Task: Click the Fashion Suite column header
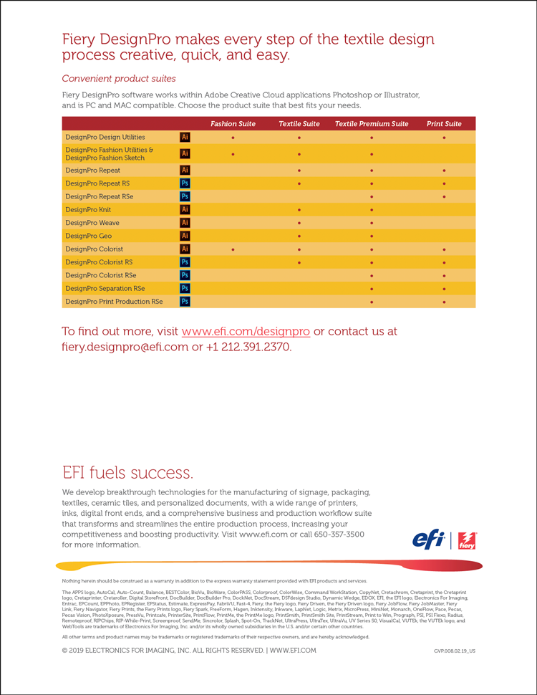pyautogui.click(x=233, y=124)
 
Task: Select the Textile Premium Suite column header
pyautogui.click(x=372, y=124)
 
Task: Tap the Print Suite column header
pyautogui.click(x=444, y=124)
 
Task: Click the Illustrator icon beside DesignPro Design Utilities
pyautogui.click(x=185, y=137)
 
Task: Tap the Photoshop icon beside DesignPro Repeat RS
pyautogui.click(x=185, y=183)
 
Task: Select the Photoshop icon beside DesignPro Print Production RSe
pyautogui.click(x=185, y=302)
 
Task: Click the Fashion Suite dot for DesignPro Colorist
pyautogui.click(x=233, y=249)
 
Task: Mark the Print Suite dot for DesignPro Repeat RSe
pyautogui.click(x=445, y=196)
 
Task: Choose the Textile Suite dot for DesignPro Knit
pyautogui.click(x=299, y=210)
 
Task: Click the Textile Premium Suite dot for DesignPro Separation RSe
pyautogui.click(x=372, y=289)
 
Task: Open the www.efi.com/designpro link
pyautogui.click(x=246, y=332)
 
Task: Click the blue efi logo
pyautogui.click(x=429, y=539)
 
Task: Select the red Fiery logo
pyautogui.click(x=467, y=540)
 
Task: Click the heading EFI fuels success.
pyautogui.click(x=127, y=472)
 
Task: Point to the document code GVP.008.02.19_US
pyautogui.click(x=454, y=651)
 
